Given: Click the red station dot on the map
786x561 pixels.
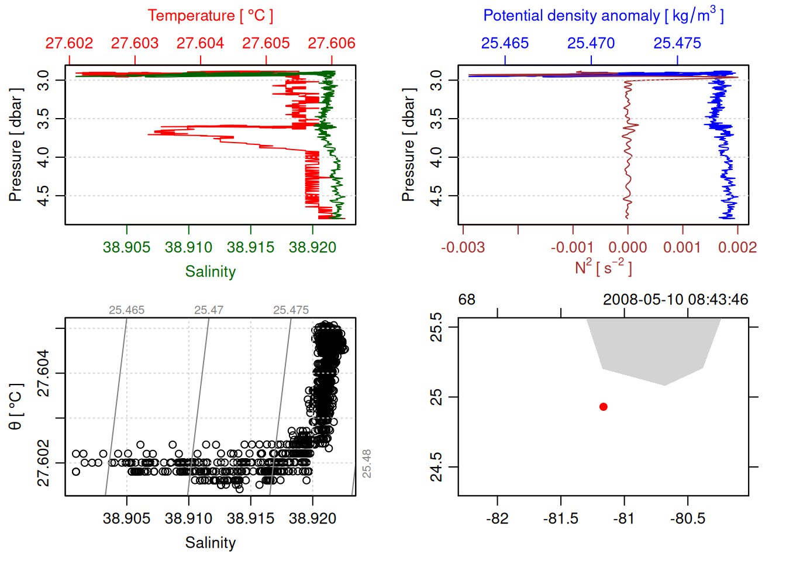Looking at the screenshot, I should click(x=603, y=407).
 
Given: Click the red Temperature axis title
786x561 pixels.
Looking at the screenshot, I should click(x=210, y=16).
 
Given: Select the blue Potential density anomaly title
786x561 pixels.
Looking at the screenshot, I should click(x=603, y=15).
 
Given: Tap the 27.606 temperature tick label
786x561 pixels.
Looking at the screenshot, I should click(x=332, y=43).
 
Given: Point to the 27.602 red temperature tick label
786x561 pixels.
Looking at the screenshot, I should click(x=69, y=43).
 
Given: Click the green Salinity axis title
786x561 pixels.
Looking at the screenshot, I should click(x=210, y=272).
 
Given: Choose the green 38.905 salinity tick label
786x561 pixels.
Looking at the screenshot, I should click(x=126, y=247).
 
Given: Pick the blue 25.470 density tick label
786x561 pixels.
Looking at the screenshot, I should click(x=591, y=43).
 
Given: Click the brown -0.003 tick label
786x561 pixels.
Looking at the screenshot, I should click(x=463, y=247).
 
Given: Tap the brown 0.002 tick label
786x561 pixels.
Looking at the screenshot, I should click(x=737, y=247).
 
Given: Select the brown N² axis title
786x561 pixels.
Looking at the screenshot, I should click(x=603, y=267).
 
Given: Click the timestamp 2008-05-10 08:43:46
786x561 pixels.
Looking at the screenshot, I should click(x=675, y=300).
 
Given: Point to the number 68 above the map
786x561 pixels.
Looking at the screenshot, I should click(x=467, y=300).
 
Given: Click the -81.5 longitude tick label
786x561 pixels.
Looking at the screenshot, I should click(x=560, y=518).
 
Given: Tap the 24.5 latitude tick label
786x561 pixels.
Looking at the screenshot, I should click(x=436, y=467).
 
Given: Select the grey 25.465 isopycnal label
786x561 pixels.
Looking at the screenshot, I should click(x=126, y=310).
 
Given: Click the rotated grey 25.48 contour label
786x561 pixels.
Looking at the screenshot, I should click(x=367, y=463).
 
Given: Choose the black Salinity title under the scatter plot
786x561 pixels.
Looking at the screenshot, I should click(x=210, y=543).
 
